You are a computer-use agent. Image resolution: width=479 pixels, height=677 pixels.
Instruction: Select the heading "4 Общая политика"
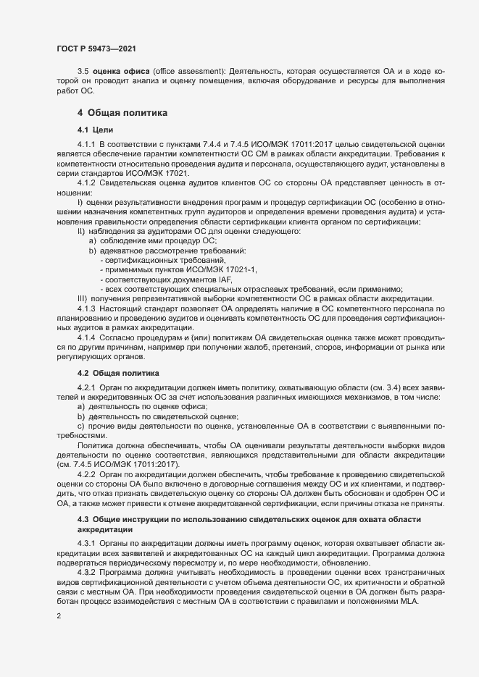pyautogui.click(x=122, y=113)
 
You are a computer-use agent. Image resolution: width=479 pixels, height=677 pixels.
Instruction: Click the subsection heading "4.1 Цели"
pyautogui.click(x=93, y=129)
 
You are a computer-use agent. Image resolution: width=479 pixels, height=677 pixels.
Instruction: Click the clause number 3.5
pyautogui.click(x=83, y=70)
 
